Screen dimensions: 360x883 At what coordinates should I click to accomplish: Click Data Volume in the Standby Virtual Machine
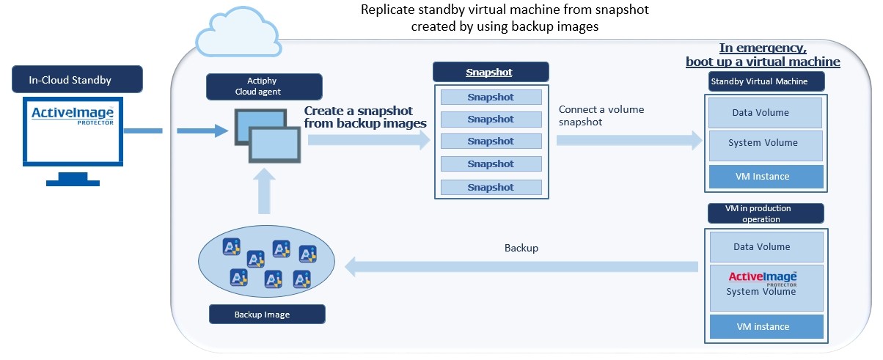[x=765, y=112]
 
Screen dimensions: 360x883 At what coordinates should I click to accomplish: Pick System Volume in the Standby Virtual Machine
[x=765, y=143]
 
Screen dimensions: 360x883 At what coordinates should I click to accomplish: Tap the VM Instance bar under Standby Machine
[x=765, y=176]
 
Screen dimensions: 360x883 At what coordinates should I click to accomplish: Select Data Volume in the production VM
[x=765, y=247]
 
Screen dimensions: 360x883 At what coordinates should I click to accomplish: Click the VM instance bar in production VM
[x=765, y=326]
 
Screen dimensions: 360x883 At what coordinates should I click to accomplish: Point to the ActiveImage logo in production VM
[x=763, y=278]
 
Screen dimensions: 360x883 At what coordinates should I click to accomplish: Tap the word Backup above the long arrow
[x=521, y=248]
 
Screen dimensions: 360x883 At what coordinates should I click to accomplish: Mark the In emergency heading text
[x=763, y=55]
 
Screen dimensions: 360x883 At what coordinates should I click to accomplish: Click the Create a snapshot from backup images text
[x=365, y=117]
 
